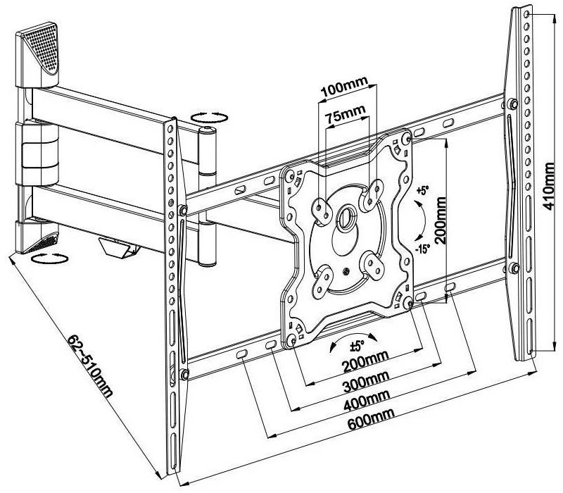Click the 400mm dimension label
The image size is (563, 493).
click(365, 405)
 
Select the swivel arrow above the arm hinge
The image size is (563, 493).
click(208, 117)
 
